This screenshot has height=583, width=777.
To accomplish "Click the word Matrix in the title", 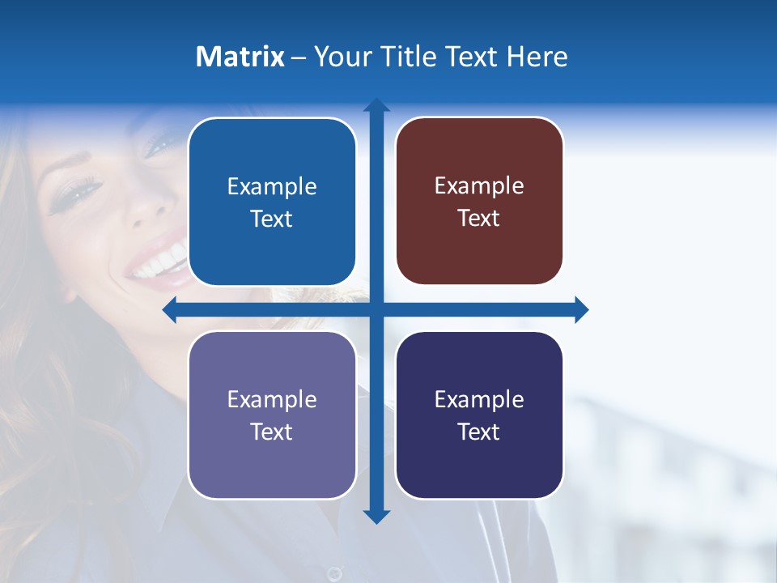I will point(240,57).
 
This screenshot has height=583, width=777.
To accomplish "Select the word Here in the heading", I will point(537,57).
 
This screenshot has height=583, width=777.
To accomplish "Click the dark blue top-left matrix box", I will point(272,202).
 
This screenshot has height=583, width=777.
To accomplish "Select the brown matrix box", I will point(479,201).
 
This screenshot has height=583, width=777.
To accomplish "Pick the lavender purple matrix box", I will point(272,415).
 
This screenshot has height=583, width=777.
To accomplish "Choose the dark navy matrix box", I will point(479,415).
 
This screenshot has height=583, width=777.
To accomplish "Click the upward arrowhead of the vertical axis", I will point(376,105).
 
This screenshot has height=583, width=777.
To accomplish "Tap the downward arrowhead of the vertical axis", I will point(376,517).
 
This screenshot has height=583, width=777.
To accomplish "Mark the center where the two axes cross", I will point(376,310).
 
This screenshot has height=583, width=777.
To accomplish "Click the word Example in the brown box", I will point(479,185).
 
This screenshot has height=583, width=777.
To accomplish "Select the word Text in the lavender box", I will point(272,432).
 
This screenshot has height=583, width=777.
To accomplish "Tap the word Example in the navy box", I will point(479,399).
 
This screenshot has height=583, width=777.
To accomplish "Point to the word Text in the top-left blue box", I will point(272,219).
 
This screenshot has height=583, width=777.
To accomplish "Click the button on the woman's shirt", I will point(334,573).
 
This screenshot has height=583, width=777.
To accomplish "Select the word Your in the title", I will point(339,57).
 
